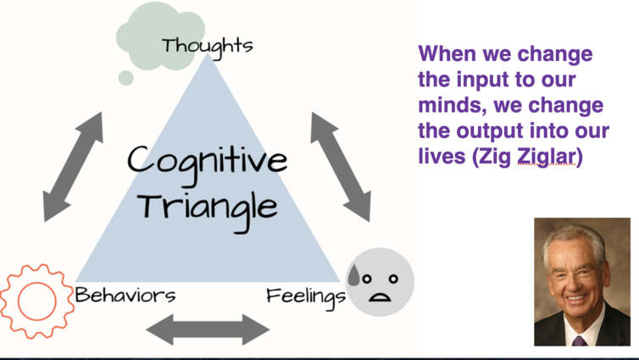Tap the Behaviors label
coord(125,295)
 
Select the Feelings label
coord(306,296)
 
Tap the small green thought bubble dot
coord(126,78)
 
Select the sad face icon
coord(380,282)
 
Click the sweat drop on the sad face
coord(353,275)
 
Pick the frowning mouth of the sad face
coord(380,297)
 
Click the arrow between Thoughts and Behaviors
coord(74,167)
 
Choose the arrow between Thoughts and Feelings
coord(341,167)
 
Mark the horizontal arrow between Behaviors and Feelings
coord(208,330)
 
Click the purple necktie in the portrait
coord(580,341)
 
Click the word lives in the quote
coord(442,156)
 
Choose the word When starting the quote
coord(447,53)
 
